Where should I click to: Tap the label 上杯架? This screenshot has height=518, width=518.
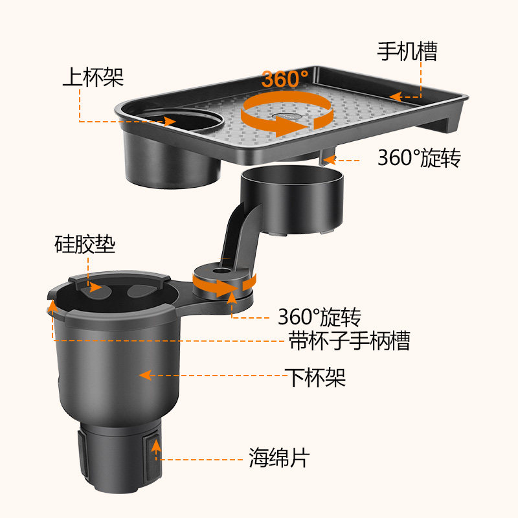point(93,78)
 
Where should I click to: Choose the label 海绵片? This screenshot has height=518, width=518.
point(279,458)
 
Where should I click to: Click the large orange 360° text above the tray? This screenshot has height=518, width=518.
point(285,79)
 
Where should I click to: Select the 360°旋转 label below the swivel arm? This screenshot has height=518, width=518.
point(319,317)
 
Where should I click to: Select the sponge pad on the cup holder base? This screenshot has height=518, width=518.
point(154,453)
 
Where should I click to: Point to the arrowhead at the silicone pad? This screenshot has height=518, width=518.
point(95,286)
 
